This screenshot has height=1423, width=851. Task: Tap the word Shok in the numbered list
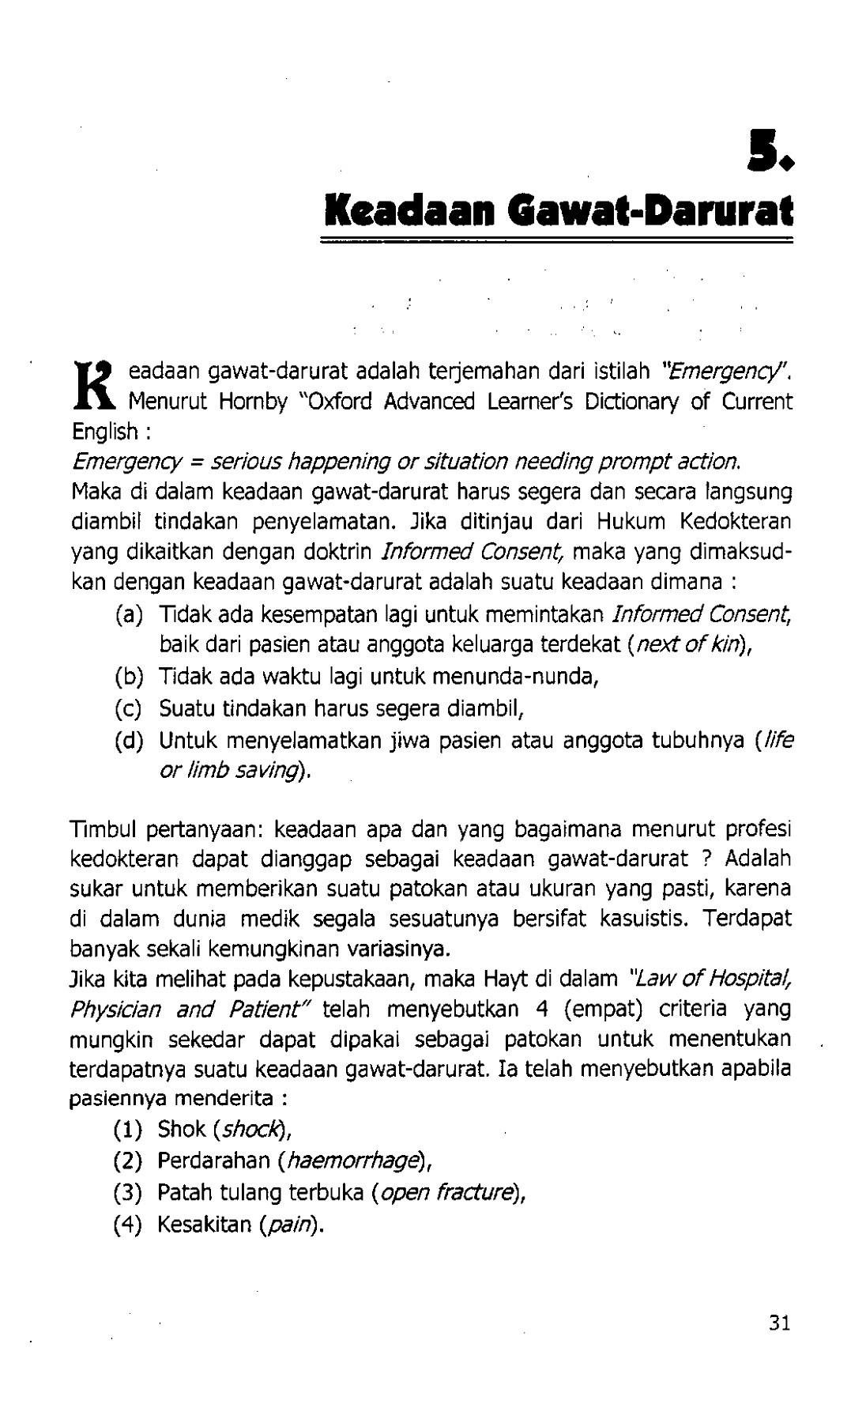pos(182,1130)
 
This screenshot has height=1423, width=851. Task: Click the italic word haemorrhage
pos(352,1161)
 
